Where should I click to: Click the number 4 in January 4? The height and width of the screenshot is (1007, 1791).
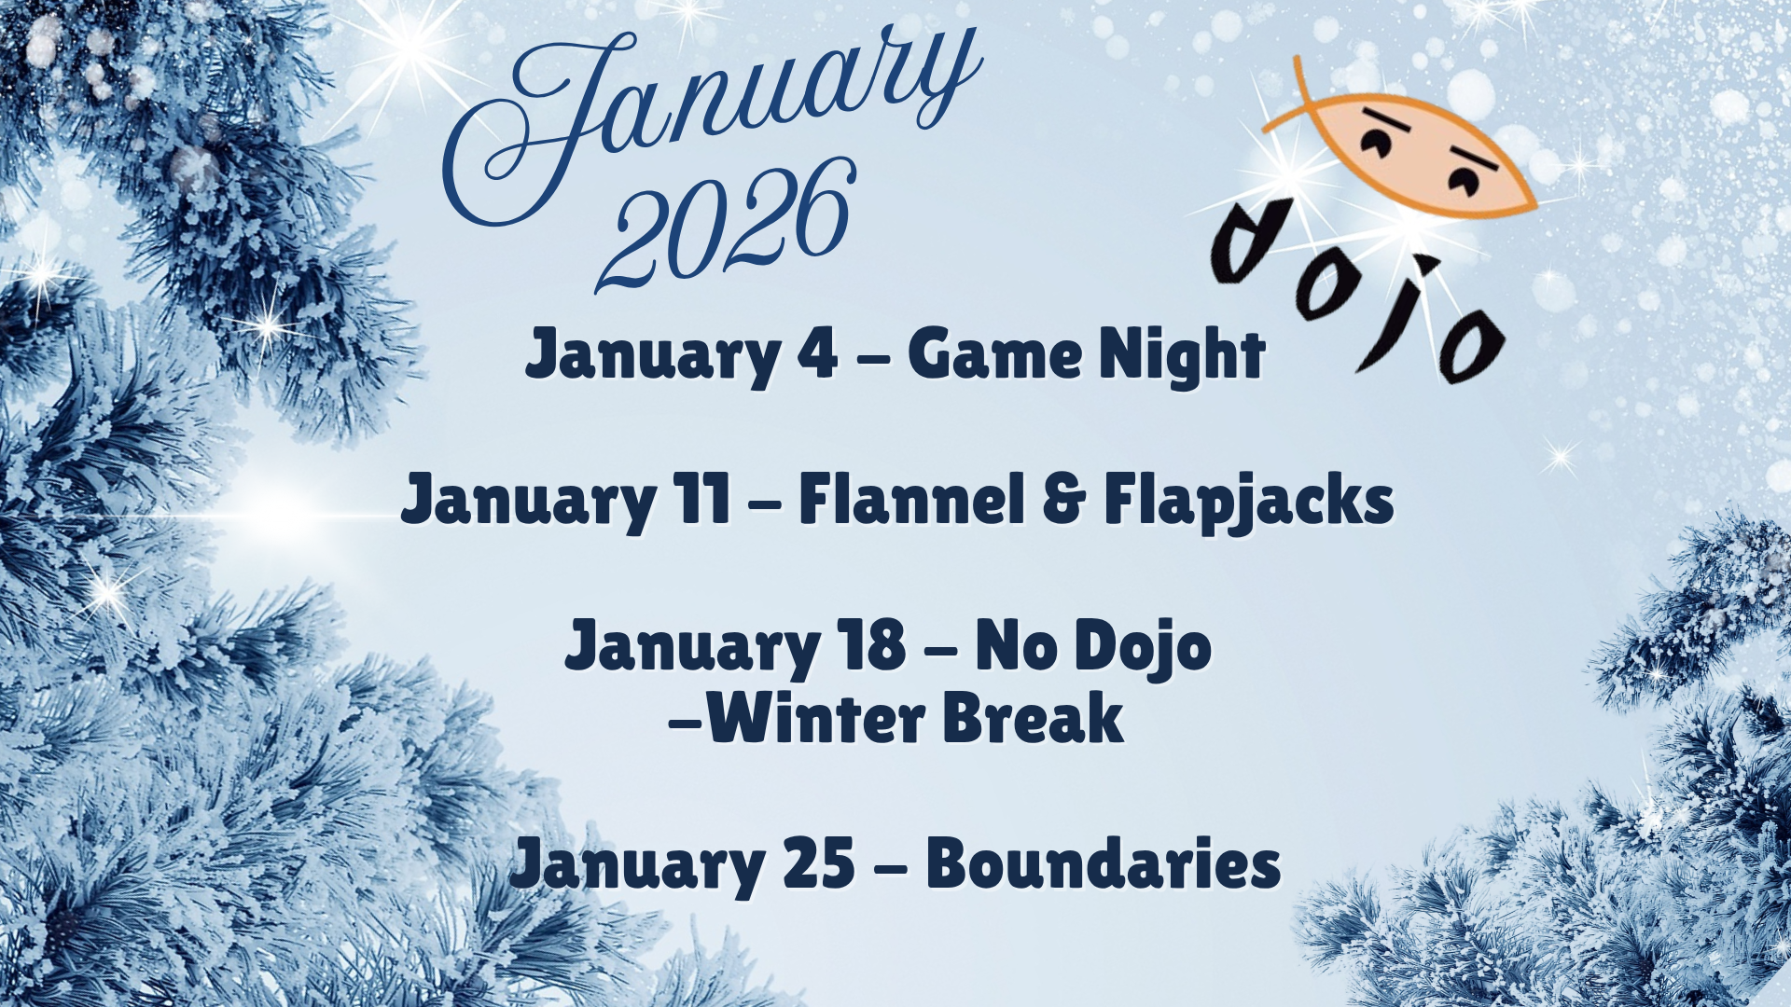coord(818,354)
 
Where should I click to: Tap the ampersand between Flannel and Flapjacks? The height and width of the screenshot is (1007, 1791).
coord(1064,500)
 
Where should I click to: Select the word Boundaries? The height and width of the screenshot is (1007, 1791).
coord(1104,863)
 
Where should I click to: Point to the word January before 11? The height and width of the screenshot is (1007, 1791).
coord(528,503)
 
